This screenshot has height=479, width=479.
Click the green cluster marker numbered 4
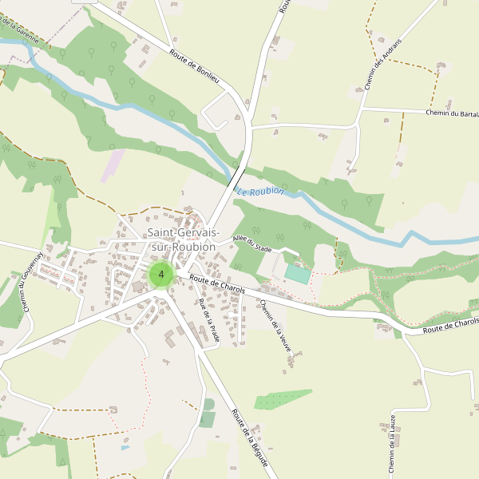(x=161, y=275)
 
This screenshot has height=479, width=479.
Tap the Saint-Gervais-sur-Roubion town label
(x=182, y=239)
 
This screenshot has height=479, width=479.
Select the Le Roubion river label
(x=259, y=192)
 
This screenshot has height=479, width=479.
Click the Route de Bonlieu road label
(x=194, y=65)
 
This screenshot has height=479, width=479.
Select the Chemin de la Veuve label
(x=275, y=327)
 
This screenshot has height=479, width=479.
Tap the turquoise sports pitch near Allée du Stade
(x=297, y=274)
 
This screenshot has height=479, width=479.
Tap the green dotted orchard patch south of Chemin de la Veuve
(x=283, y=399)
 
